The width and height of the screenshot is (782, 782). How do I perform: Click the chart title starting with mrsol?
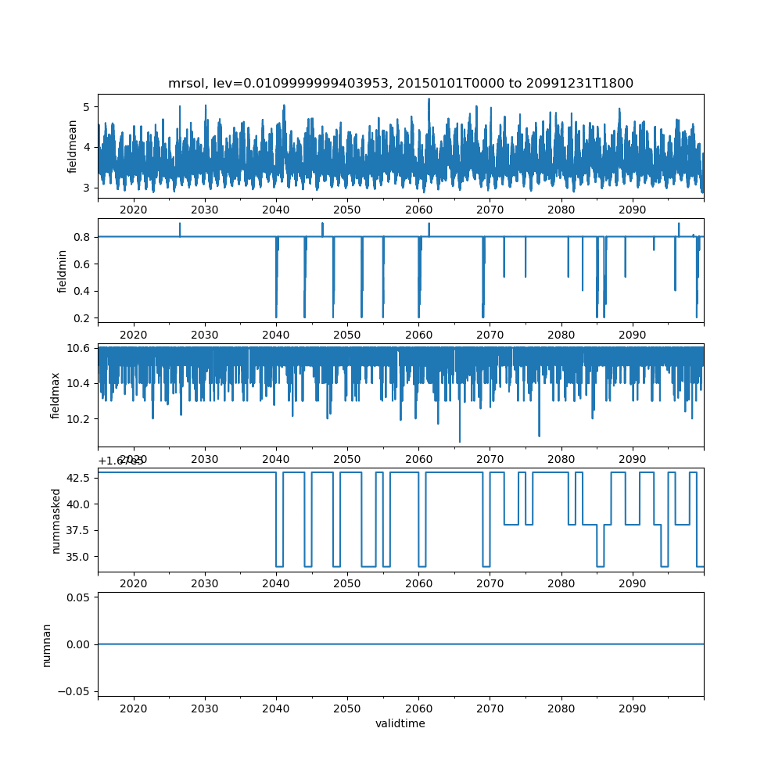[x=400, y=83]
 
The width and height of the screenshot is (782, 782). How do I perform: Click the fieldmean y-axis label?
[x=72, y=146]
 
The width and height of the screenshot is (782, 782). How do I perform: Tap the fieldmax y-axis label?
[x=56, y=394]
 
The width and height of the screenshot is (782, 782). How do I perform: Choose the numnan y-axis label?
[x=47, y=644]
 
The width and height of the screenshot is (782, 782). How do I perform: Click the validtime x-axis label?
[x=400, y=723]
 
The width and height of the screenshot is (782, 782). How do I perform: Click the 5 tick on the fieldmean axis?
[x=88, y=106]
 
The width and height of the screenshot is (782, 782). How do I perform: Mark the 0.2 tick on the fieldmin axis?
[x=81, y=317]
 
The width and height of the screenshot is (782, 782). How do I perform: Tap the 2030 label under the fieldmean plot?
[x=205, y=210]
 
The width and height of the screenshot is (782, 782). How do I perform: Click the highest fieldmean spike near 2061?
[x=429, y=99]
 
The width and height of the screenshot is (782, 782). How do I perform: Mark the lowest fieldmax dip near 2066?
[x=460, y=442]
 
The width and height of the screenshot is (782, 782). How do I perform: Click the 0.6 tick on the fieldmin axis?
[x=81, y=264]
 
